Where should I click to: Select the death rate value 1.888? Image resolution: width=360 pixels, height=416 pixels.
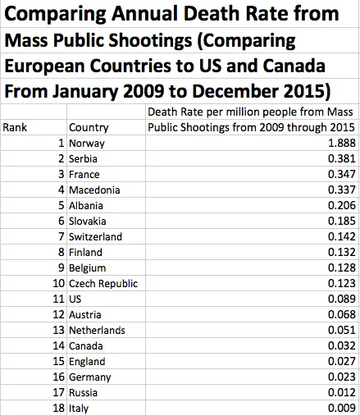(337, 143)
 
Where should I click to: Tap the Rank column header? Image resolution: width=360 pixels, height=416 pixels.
(16, 127)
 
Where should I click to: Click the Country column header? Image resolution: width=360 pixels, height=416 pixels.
(89, 127)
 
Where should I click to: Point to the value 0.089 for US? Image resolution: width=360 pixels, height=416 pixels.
(337, 299)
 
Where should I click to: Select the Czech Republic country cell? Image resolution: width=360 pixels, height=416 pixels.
(103, 284)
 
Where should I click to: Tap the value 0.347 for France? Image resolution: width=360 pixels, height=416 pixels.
(337, 174)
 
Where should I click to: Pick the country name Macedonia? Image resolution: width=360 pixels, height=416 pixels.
(95, 190)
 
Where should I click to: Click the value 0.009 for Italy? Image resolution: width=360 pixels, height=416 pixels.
(337, 409)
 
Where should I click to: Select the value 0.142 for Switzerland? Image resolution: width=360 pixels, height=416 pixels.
(337, 237)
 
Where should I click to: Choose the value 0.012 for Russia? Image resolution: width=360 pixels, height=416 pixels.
(337, 393)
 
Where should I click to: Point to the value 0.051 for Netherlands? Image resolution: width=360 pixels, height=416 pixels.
(337, 331)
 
